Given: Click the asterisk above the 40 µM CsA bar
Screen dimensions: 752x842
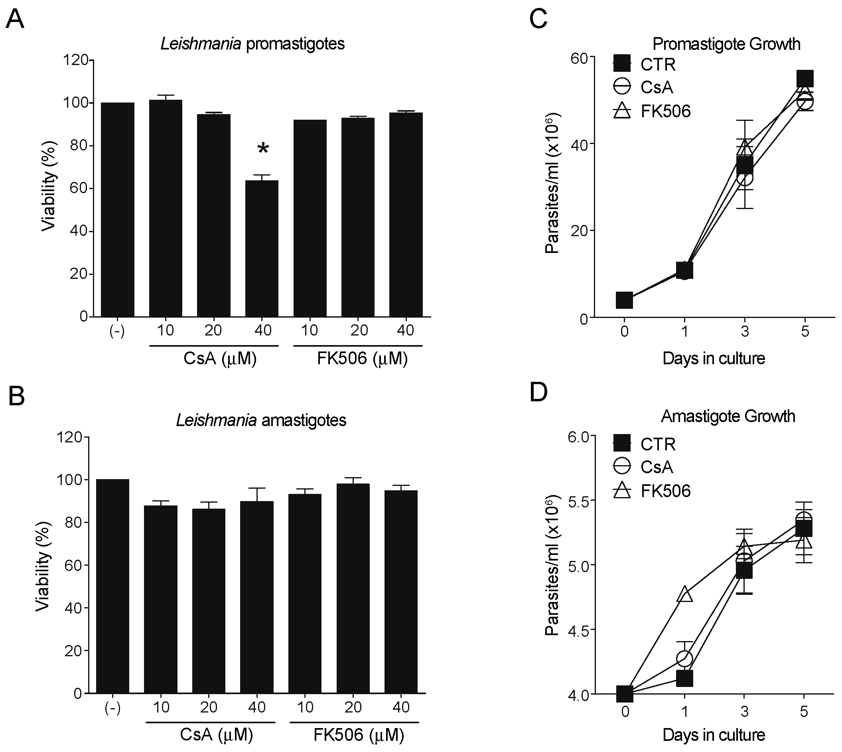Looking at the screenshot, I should pyautogui.click(x=263, y=148).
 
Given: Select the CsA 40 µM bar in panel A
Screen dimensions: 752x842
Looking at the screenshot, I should pyautogui.click(x=262, y=248).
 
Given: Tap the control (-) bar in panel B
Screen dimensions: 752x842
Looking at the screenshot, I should pyautogui.click(x=112, y=587).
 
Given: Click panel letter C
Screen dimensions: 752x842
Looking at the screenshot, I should pyautogui.click(x=538, y=19).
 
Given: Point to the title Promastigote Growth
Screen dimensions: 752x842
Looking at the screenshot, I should pyautogui.click(x=726, y=44).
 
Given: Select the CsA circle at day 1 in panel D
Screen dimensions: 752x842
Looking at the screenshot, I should pyautogui.click(x=684, y=659).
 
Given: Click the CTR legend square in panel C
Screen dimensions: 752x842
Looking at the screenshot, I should pyautogui.click(x=622, y=64).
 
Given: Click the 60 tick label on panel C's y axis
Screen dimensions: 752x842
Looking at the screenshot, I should pyautogui.click(x=580, y=58).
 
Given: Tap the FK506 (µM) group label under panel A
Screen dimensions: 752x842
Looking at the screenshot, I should pyautogui.click(x=362, y=358).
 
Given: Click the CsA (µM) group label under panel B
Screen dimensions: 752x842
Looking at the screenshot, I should pyautogui.click(x=217, y=734).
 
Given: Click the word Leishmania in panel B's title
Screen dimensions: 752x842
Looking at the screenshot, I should pyautogui.click(x=217, y=420).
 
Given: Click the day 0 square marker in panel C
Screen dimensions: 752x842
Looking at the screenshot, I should pyautogui.click(x=624, y=300).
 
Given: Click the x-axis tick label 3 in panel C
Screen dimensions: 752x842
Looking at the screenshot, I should pyautogui.click(x=745, y=332).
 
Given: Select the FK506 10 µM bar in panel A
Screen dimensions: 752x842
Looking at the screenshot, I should pyautogui.click(x=310, y=219).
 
